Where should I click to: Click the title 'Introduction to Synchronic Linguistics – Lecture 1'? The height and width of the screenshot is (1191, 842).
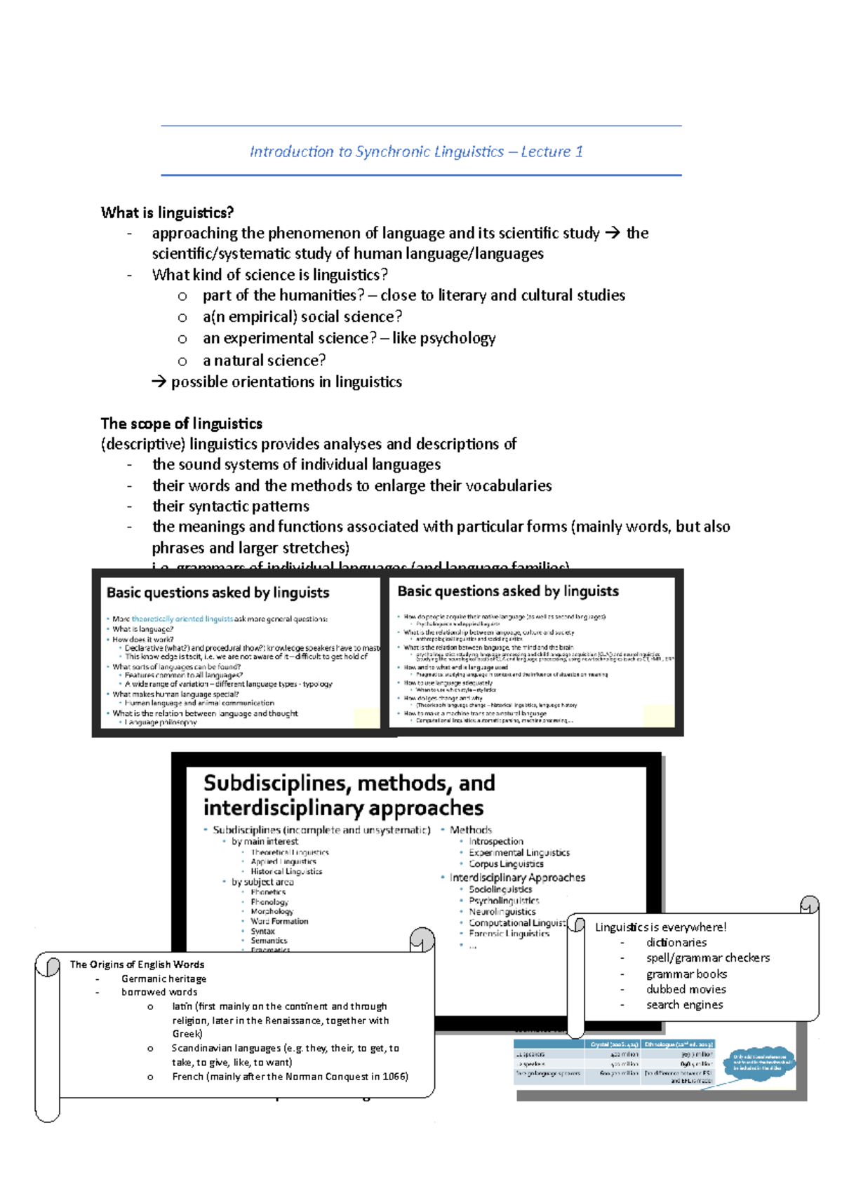pos(416,152)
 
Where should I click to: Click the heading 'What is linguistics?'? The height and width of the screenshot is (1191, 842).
pos(167,213)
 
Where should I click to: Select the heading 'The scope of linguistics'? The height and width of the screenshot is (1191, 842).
pos(181,424)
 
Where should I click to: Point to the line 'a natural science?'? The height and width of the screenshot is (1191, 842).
pos(264,361)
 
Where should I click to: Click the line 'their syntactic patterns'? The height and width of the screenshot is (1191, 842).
pos(231,506)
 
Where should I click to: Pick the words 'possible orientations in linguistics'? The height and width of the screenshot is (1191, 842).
pos(286,382)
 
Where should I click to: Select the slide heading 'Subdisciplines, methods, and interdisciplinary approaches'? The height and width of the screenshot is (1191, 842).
pos(349,795)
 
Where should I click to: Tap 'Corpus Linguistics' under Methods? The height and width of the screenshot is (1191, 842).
pos(506,864)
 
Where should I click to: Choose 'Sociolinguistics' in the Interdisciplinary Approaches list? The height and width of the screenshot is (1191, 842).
pos(500,889)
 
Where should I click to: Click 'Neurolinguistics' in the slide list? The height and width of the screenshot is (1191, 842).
pos(502,912)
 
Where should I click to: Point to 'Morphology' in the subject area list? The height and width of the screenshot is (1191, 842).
pos(272,912)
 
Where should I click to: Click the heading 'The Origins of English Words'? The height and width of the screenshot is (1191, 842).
pos(137,964)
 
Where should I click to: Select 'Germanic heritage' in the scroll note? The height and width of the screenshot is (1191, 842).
pos(163,979)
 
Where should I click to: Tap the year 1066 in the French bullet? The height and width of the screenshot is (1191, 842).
pos(395,1077)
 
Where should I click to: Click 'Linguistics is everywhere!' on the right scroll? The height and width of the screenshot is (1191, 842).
pos(660,927)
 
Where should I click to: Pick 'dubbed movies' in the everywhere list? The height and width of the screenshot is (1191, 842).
pos(686,990)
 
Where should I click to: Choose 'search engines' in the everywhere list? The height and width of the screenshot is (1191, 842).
pos(684,1005)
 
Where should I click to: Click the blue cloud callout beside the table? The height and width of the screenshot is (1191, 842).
pos(762,1063)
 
